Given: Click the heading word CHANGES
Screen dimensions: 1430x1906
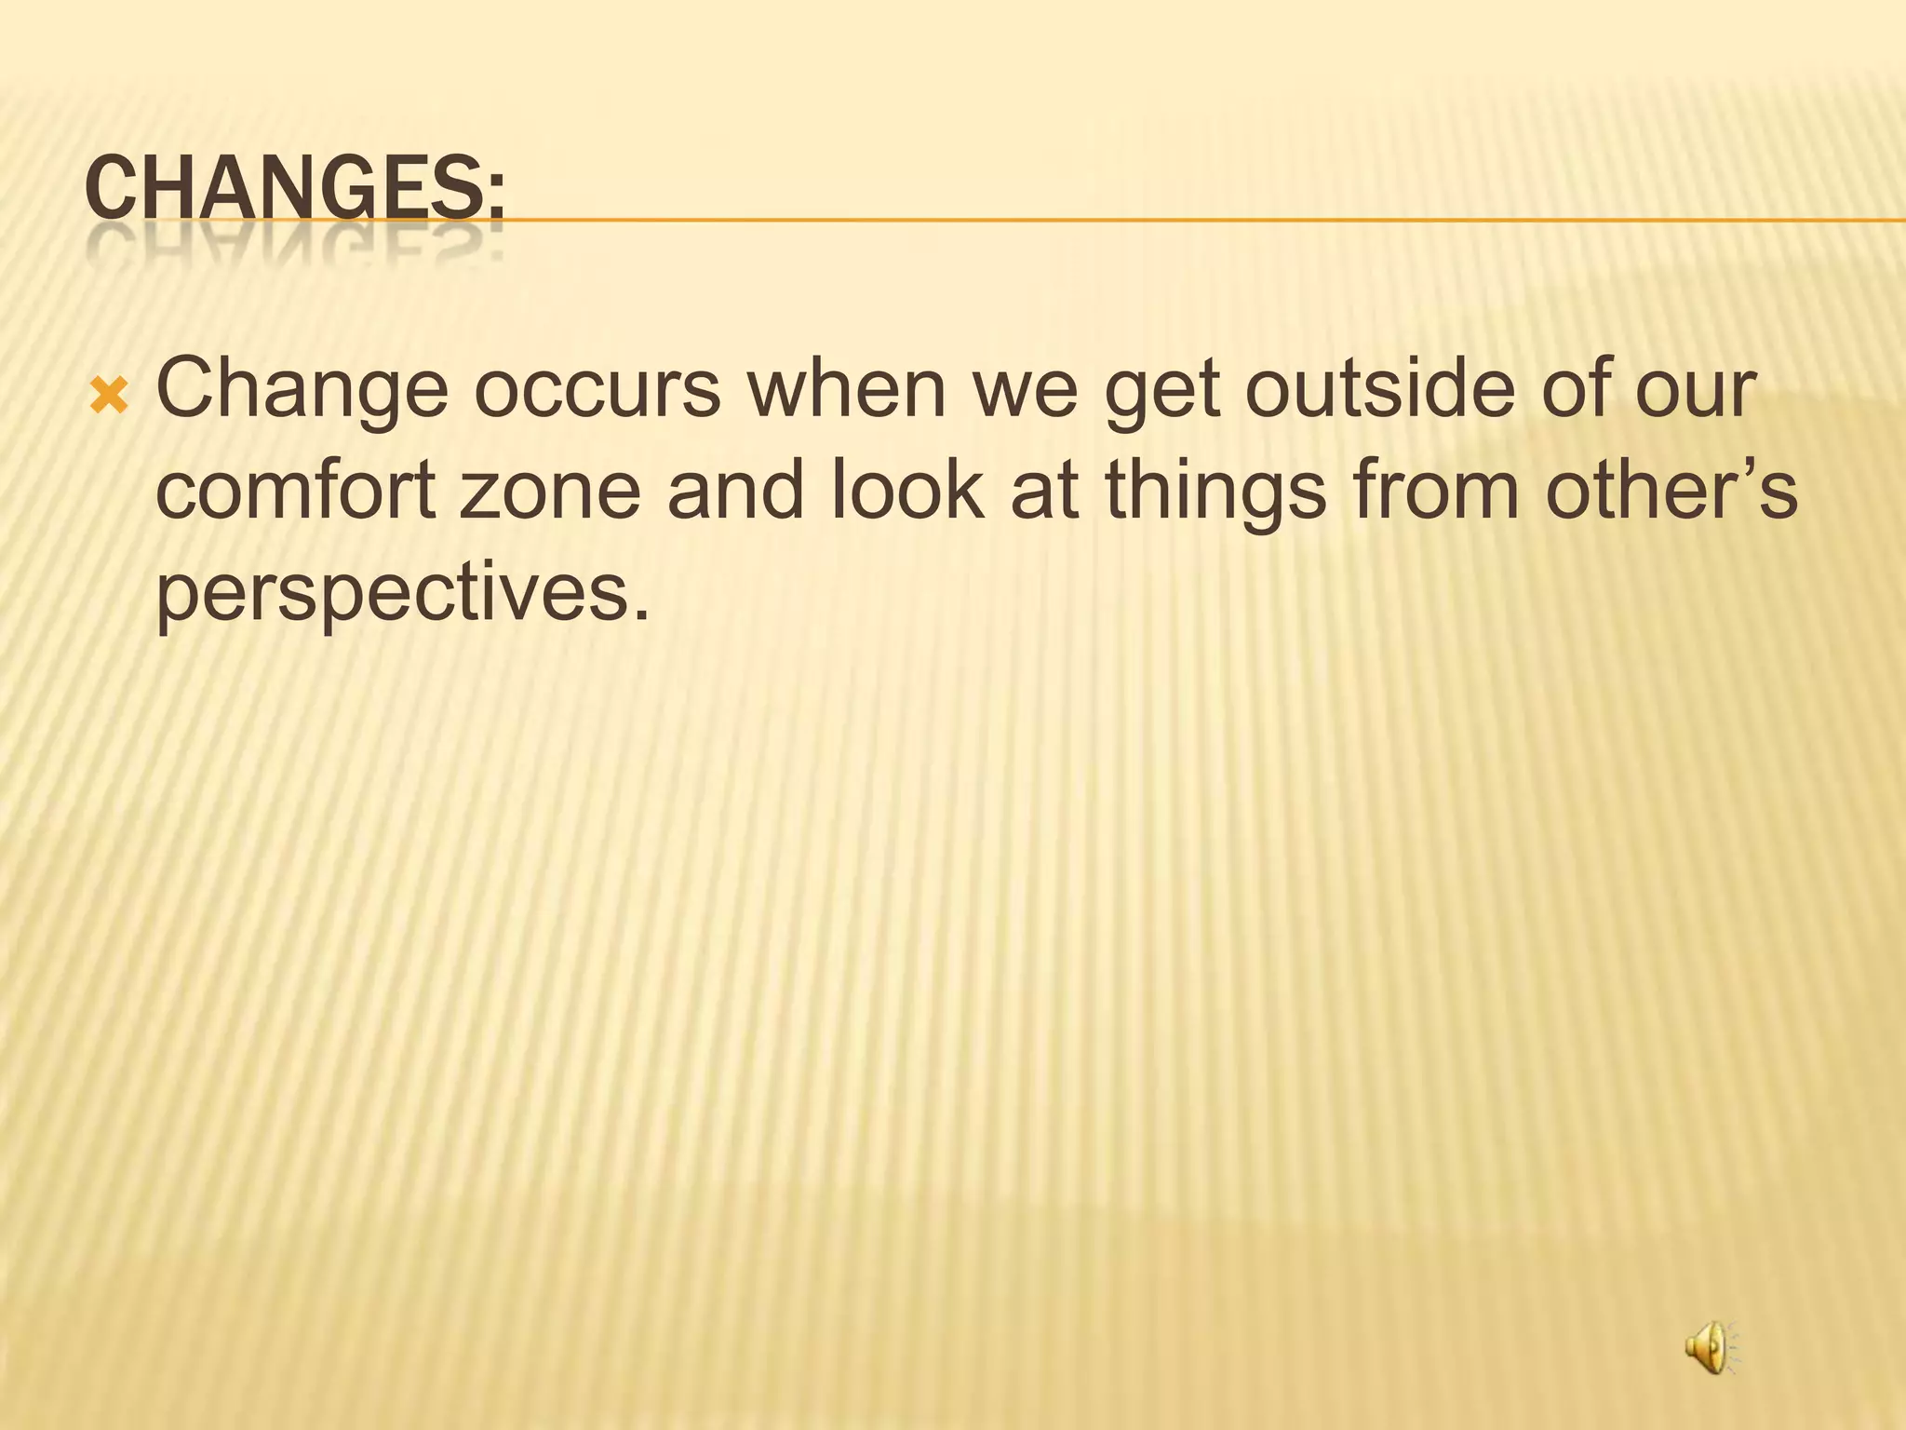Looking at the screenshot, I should pos(294,189).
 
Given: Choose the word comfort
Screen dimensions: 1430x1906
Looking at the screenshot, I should pos(296,492).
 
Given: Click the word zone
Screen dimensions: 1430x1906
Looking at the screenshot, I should pos(550,492).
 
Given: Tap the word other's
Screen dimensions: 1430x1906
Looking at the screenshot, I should pos(1671,492).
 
